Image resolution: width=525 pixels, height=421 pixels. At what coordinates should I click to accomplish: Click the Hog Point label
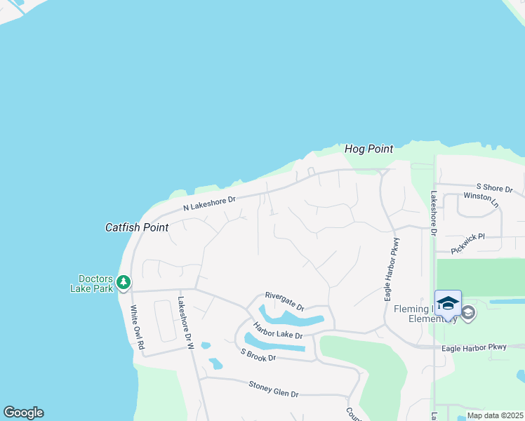368,149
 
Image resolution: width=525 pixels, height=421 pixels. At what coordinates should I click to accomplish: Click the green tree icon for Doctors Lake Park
124,282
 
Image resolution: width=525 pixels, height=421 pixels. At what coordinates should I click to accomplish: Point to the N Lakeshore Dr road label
210,203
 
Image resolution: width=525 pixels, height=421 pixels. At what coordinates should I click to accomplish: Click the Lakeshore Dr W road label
185,323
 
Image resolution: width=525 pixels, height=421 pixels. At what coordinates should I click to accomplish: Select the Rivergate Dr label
284,302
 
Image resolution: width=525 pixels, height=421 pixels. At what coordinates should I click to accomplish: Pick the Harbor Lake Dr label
278,330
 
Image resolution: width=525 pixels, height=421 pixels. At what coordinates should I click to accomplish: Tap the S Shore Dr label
495,189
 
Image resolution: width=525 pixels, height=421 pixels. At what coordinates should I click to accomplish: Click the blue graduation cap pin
448,303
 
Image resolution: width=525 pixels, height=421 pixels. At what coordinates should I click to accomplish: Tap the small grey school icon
468,313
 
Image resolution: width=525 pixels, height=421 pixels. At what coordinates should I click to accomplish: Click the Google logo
23,413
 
